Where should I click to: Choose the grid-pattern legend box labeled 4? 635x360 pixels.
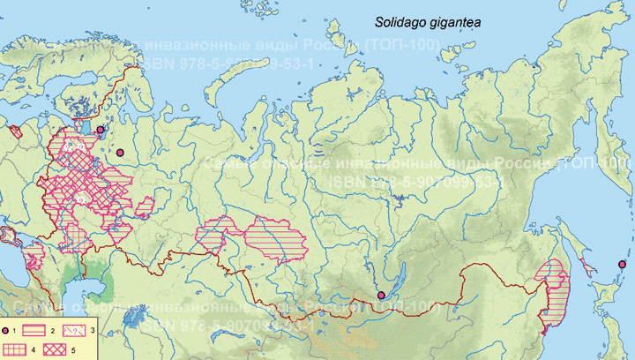pos(17,349)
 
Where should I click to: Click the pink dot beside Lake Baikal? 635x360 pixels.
pos(380,295)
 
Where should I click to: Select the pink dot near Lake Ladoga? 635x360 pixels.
pos(100,130)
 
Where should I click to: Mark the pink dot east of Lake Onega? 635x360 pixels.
pos(120,153)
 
